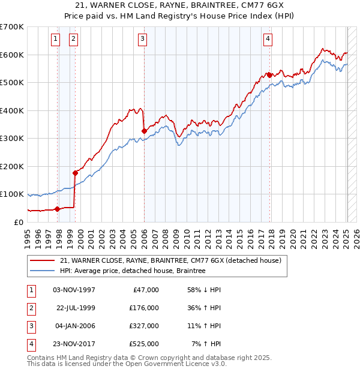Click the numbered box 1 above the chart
55,40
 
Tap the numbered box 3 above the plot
143,40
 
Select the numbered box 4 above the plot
268,40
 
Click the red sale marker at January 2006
144,131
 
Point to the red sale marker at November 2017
270,75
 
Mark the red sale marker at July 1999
75,173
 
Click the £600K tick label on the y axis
12,55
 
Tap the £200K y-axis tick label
12,166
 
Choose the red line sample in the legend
43,260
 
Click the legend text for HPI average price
133,271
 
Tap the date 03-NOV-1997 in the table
74,290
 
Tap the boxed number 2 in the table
31,308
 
